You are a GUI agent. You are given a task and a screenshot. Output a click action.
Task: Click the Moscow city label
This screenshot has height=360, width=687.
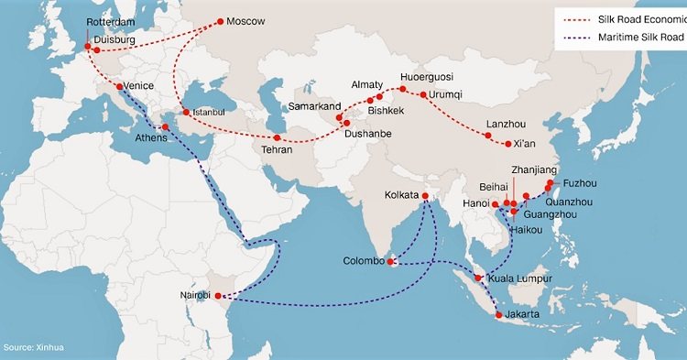click(x=245, y=21)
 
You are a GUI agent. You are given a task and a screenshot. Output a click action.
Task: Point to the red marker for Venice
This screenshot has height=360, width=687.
click(x=120, y=87)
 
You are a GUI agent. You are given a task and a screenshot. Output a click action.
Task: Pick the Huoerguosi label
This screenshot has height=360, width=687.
click(x=428, y=78)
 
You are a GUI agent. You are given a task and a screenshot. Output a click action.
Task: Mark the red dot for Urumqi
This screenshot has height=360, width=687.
click(x=422, y=94)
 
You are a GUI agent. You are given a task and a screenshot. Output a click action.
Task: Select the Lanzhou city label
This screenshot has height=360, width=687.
click(x=506, y=125)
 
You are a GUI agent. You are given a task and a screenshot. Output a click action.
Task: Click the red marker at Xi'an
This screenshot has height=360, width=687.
click(x=508, y=143)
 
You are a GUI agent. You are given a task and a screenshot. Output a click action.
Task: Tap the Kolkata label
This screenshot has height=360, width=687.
click(x=407, y=195)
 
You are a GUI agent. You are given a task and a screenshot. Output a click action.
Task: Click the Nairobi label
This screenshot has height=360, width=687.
click(x=200, y=296)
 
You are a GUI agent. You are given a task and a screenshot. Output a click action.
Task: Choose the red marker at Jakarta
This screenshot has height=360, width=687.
click(x=497, y=315)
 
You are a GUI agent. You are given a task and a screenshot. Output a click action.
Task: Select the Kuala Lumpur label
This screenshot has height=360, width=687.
click(x=519, y=278)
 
